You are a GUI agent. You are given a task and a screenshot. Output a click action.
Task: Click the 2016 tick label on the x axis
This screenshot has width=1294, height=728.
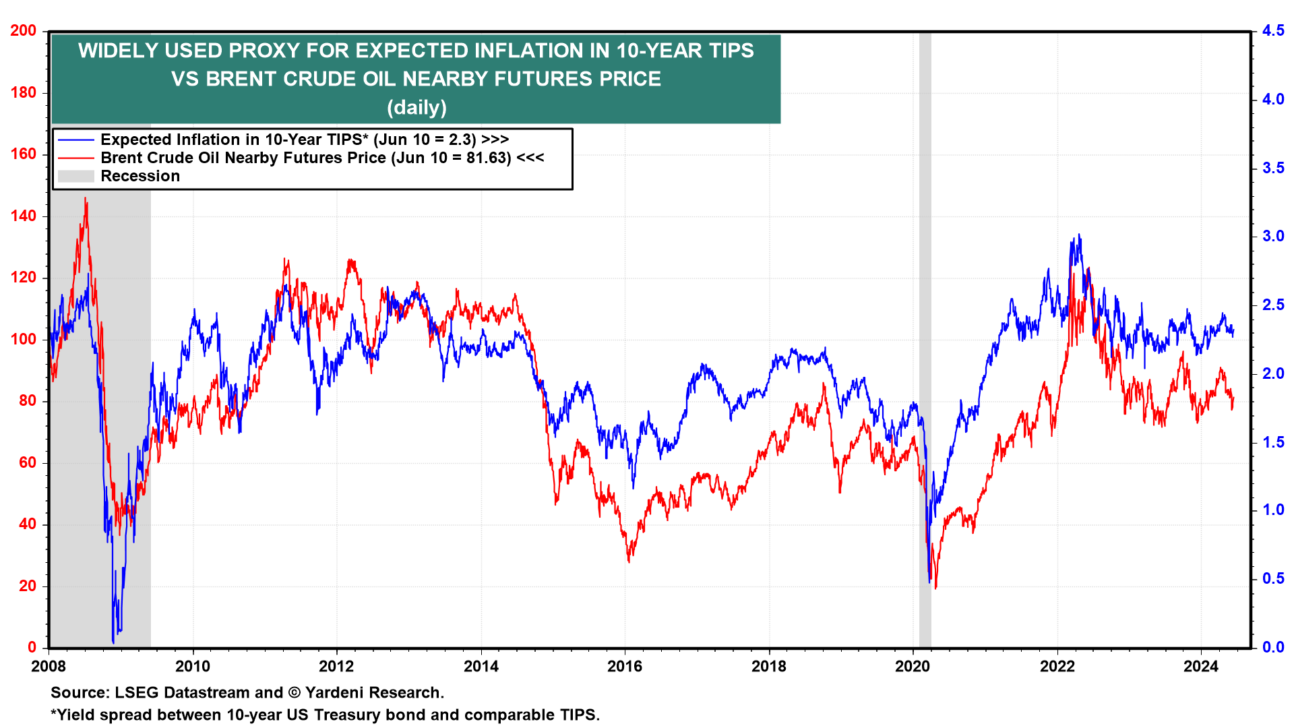[x=625, y=667]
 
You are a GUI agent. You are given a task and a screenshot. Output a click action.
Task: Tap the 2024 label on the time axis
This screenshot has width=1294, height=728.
[x=1201, y=667]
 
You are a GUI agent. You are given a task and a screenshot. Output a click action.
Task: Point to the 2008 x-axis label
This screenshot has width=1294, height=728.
[x=49, y=667]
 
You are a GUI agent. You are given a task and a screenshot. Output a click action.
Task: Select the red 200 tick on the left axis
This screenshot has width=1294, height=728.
[x=24, y=31]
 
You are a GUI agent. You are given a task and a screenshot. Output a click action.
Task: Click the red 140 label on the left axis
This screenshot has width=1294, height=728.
[x=24, y=216]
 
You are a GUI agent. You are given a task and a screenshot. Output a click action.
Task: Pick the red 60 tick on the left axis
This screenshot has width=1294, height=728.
[x=28, y=463]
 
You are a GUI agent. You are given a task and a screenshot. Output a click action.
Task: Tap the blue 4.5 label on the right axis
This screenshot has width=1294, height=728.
[x=1273, y=31]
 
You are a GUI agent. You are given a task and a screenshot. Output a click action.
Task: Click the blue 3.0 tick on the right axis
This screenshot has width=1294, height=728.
[x=1273, y=236]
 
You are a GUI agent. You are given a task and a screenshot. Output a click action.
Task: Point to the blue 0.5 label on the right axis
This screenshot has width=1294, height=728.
[x=1273, y=578]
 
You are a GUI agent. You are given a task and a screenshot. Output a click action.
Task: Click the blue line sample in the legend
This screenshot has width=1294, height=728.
[x=75, y=140]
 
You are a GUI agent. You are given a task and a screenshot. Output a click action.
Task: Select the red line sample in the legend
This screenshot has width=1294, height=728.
[x=75, y=158]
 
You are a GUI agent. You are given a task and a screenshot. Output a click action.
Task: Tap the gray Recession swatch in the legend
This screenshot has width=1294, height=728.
[x=75, y=176]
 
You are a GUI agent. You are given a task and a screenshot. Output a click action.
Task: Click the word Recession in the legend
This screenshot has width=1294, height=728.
[x=140, y=176]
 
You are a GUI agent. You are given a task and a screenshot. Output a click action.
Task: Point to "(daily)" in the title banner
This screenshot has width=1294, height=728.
[x=417, y=107]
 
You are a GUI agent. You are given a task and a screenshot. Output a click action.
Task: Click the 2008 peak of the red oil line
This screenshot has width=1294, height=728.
[x=85, y=198]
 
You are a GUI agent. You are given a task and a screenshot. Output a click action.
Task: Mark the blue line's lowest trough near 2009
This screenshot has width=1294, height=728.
[x=113, y=642]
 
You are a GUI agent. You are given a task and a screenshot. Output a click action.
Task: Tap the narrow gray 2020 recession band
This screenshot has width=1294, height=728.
[x=925, y=337]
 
